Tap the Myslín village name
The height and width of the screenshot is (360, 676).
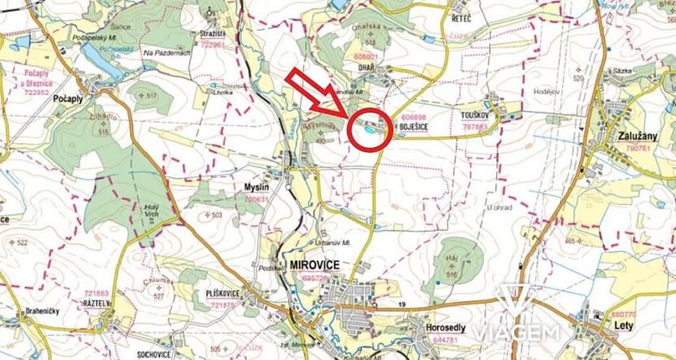[x=257, y=187]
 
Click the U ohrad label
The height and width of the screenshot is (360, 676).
[x=501, y=208]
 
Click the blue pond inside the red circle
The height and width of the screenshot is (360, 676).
[x=369, y=128]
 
